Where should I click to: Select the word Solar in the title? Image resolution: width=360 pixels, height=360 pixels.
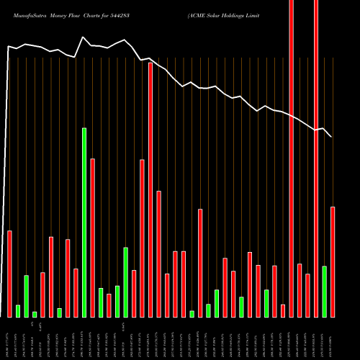pos(221,14)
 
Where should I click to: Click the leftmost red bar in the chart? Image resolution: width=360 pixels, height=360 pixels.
pos(9,274)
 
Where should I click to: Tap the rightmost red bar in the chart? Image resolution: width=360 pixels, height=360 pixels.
pos(333,261)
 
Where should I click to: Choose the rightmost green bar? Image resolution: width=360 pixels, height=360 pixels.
pos(325,291)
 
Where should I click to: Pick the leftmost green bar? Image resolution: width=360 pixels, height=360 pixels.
pos(18,310)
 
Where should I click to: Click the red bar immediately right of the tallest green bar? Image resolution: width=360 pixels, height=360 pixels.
pos(93,238)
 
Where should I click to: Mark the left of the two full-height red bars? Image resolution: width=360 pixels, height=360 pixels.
pos(292,158)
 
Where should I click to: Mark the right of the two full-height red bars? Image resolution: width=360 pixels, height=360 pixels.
pos(316,158)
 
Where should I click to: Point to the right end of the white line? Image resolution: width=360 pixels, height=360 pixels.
pos(331,137)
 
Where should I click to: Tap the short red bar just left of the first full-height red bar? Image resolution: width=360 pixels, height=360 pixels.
pos(283,310)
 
